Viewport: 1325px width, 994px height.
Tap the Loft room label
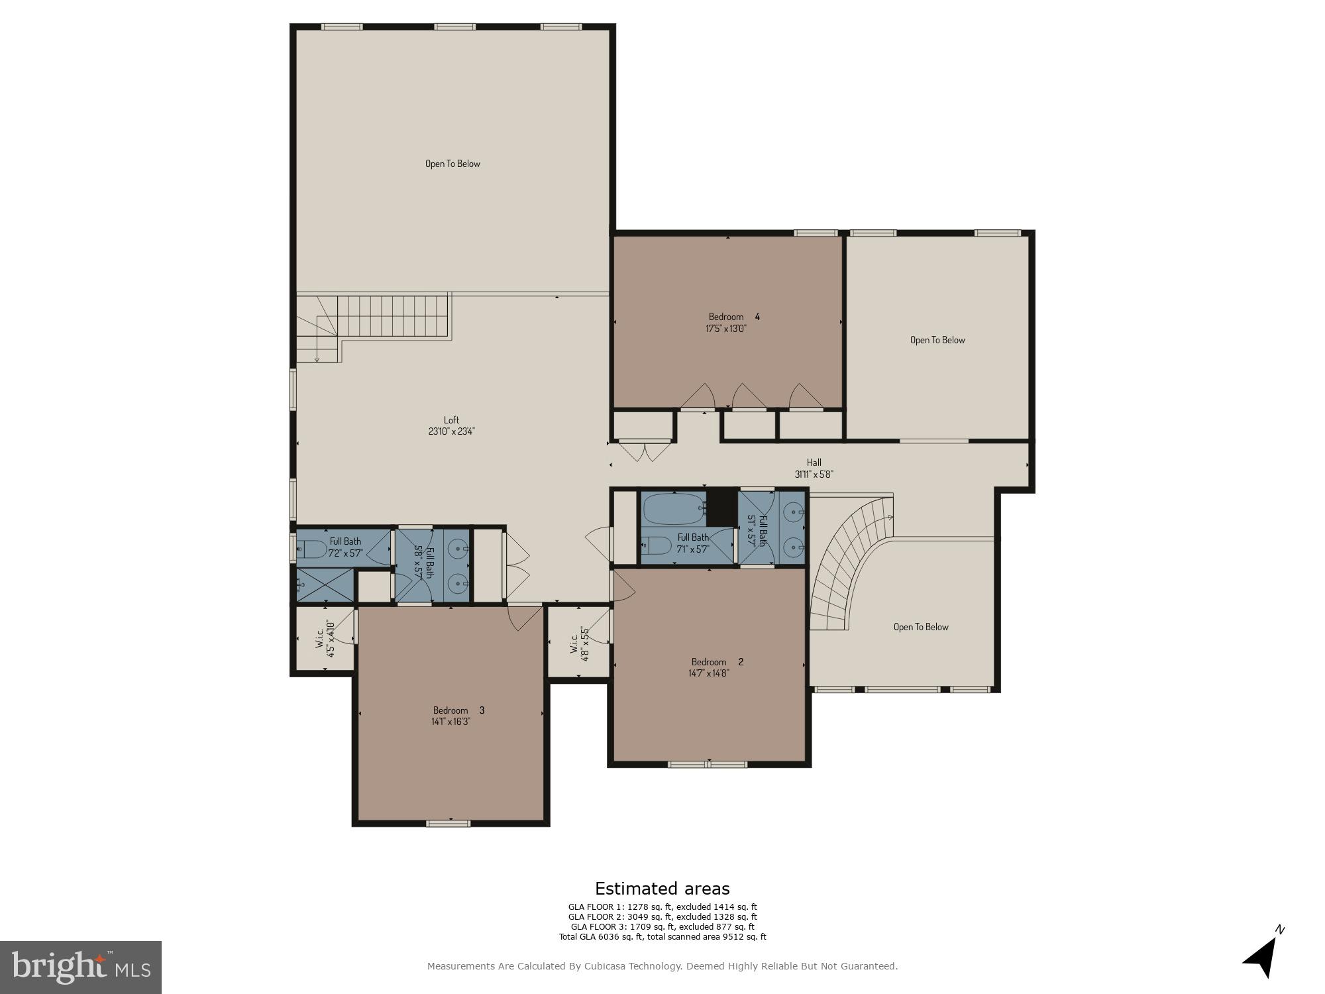tap(451, 420)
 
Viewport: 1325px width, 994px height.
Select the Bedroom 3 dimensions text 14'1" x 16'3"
tap(450, 722)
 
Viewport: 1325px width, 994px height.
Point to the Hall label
tap(814, 463)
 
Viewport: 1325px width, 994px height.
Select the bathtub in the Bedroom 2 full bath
tap(673, 509)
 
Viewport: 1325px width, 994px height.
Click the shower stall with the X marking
tap(325, 585)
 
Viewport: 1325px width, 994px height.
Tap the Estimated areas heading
tap(662, 889)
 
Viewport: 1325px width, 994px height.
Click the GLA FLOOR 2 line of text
tap(662, 917)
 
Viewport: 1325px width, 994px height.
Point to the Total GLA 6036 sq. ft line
tap(662, 937)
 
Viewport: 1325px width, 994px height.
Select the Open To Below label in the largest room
tap(452, 164)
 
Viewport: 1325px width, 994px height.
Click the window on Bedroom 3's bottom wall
tap(448, 824)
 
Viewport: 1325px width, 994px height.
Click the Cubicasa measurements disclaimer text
tap(662, 967)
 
